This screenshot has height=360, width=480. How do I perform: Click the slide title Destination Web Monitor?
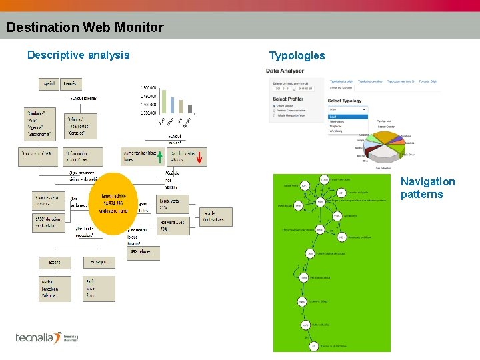point(85,27)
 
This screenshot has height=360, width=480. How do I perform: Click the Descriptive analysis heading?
point(78,55)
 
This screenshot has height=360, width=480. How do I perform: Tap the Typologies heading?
point(297,55)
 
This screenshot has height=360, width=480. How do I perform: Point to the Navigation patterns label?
point(427,188)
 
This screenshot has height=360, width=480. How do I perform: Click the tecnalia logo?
point(47,337)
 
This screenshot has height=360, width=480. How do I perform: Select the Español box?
point(49,84)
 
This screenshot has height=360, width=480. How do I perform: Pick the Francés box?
point(70,84)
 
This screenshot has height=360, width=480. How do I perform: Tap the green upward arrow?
point(160,157)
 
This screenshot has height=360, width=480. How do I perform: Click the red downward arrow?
point(199,157)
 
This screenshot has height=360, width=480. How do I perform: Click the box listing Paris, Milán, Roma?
point(99,288)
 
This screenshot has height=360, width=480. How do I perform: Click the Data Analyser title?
point(285,71)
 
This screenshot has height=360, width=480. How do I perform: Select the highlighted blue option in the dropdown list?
point(346,117)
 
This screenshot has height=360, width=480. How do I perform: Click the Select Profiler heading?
point(287,99)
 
